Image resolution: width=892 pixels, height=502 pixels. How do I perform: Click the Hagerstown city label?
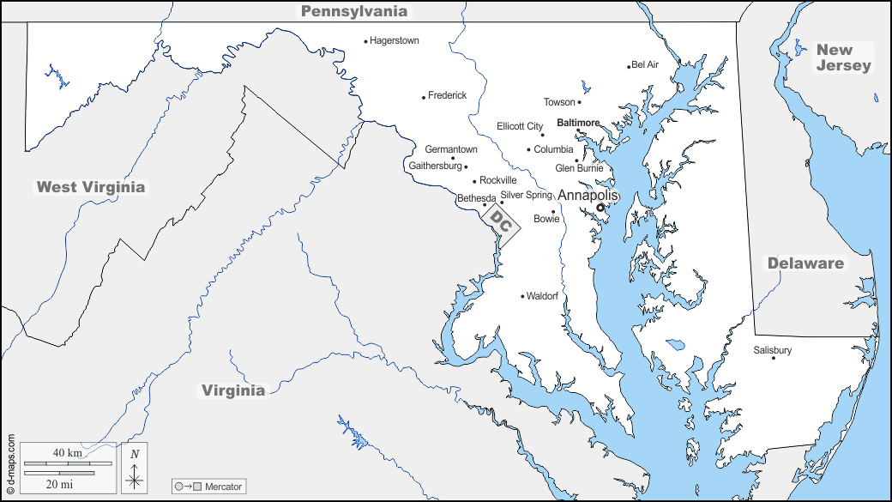(x=395, y=40)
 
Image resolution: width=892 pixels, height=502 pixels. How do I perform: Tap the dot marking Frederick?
(x=424, y=97)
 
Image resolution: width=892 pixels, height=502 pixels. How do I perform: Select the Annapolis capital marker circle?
(x=601, y=206)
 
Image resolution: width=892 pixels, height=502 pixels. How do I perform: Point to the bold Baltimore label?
(x=578, y=123)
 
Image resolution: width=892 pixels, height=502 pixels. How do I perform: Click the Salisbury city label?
(x=772, y=350)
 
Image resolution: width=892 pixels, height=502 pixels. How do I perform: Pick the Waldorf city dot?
(x=522, y=297)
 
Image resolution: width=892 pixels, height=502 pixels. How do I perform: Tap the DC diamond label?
(x=502, y=223)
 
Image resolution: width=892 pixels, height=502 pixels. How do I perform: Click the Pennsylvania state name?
(x=353, y=11)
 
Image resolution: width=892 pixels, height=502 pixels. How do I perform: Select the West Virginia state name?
(x=91, y=187)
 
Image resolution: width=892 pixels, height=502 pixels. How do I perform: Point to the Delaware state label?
(x=805, y=263)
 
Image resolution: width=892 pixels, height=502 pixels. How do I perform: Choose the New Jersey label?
(x=843, y=57)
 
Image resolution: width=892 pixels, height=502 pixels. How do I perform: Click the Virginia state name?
(x=233, y=390)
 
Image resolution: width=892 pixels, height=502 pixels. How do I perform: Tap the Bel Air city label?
(x=645, y=64)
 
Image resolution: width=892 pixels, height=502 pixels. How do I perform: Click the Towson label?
(x=559, y=102)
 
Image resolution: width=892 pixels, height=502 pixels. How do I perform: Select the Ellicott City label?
(x=520, y=126)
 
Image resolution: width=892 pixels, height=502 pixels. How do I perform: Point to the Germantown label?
(x=451, y=149)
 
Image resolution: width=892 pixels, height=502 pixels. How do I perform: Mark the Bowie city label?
(x=546, y=219)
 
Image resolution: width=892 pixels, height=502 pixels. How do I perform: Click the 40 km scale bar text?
(x=67, y=452)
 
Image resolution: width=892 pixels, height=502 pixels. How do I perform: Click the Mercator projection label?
(x=223, y=487)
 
